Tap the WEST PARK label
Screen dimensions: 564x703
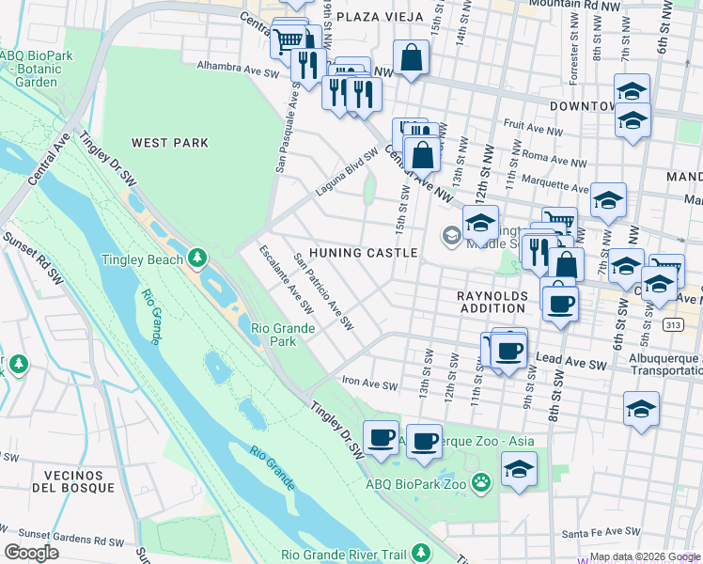[170, 143]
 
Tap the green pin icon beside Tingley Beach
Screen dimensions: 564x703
[196, 258]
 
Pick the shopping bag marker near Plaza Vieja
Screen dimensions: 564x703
[411, 58]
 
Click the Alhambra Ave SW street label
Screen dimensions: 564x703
[239, 68]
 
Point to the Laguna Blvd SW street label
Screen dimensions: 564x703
[347, 172]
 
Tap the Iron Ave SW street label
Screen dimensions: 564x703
[369, 385]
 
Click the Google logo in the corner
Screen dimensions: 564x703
[31, 553]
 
